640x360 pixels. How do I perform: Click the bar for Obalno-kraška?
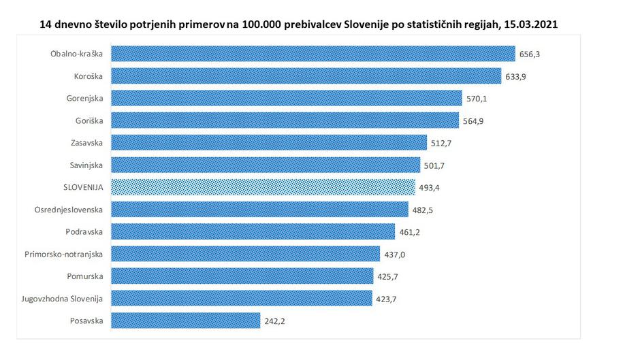tap(313, 54)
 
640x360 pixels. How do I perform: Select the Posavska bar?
tap(185, 320)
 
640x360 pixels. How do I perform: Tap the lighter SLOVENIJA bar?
tap(263, 187)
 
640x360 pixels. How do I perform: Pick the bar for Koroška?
tap(306, 76)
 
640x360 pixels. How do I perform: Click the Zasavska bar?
tap(269, 142)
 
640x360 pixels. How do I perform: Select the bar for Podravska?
tap(253, 231)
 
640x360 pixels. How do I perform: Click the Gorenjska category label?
tap(84, 99)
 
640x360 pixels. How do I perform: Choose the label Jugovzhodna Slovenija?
tap(67, 298)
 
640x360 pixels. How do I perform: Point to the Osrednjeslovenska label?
tap(69, 210)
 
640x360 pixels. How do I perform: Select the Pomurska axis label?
tap(86, 276)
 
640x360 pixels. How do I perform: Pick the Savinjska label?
tap(86, 165)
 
